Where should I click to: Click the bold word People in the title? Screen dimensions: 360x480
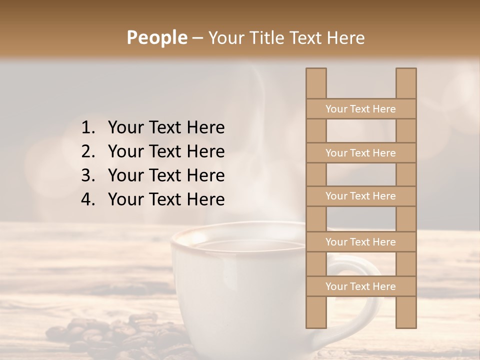156,37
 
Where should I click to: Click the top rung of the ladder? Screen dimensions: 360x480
360,109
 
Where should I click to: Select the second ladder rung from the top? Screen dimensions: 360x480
360,153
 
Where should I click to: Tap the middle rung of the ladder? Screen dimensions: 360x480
360,196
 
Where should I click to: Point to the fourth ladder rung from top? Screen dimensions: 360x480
360,242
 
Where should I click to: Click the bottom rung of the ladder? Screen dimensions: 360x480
360,286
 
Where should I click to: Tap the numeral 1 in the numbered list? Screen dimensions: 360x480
87,128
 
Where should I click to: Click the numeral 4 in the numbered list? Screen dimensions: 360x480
87,199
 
